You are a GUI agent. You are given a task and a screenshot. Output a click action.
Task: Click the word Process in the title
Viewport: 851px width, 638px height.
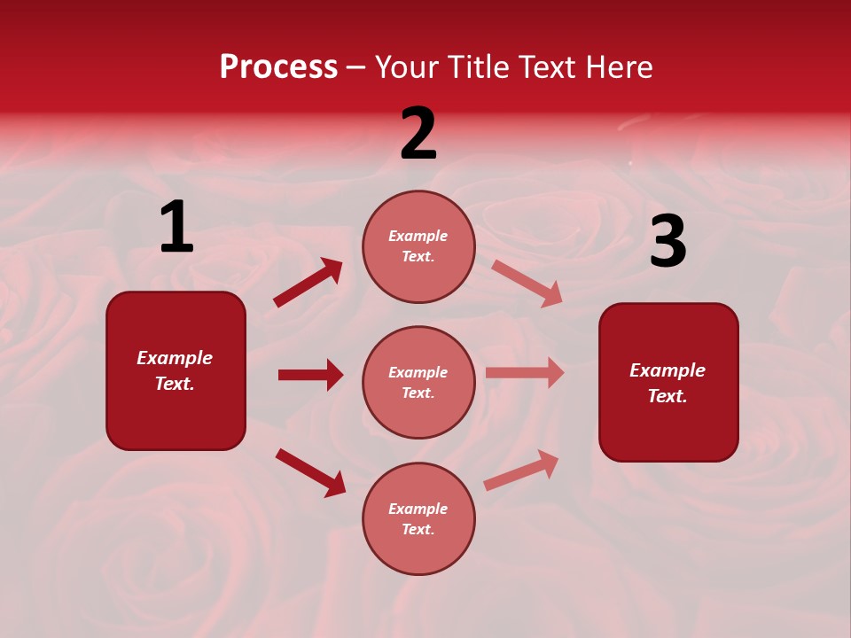click(278, 67)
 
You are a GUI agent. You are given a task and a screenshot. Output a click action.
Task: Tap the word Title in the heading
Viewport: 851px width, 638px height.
click(473, 67)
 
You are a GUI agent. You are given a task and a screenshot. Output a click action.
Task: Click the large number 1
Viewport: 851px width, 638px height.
click(176, 228)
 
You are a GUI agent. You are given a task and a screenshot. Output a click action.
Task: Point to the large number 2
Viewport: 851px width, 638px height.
click(418, 135)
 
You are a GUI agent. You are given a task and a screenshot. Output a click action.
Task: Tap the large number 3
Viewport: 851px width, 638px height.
click(668, 242)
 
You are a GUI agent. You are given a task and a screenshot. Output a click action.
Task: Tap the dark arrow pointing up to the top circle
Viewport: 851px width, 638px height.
click(308, 282)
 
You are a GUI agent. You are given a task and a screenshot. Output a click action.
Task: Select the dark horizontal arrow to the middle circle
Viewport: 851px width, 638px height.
click(310, 375)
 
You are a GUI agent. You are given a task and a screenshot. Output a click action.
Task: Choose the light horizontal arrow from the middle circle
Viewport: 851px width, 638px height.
click(525, 372)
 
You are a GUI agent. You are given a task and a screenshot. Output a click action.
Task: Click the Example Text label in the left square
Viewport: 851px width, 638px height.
click(176, 370)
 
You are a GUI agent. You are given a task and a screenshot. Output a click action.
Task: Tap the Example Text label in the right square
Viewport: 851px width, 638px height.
click(668, 383)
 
